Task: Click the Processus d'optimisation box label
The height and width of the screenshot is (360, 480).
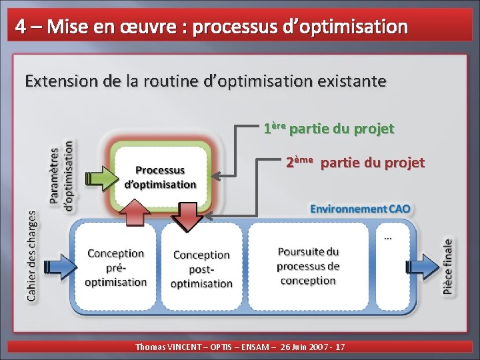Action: tap(161, 178)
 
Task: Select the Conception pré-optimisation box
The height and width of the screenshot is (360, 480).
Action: tap(116, 267)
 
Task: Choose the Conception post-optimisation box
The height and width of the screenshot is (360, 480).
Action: tap(201, 268)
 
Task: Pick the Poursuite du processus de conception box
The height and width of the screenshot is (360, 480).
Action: tap(308, 266)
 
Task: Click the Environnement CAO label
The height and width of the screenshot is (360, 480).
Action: tap(360, 209)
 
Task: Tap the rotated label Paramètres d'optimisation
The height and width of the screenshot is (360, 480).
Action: tap(62, 175)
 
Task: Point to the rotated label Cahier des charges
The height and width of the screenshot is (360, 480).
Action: tap(31, 256)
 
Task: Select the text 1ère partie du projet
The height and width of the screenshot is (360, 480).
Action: tap(329, 128)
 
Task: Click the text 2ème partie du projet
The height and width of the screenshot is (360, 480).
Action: tap(355, 162)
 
